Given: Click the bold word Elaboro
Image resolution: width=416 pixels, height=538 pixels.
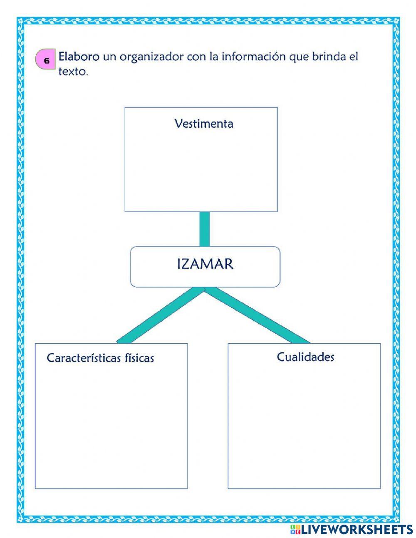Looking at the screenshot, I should click(79, 56).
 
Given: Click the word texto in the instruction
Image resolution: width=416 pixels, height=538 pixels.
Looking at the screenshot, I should click(73, 72).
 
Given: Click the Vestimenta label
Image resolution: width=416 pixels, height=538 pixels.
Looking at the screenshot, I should click(204, 124).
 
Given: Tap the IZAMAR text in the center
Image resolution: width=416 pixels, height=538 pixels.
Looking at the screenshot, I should click(205, 264).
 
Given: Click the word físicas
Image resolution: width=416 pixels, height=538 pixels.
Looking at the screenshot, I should click(139, 358).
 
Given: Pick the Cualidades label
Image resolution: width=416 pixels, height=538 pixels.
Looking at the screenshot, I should click(305, 357).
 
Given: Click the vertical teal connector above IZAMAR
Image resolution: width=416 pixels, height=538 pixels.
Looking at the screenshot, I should click(204, 229).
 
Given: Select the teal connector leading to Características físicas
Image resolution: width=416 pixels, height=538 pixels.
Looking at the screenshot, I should click(160, 315).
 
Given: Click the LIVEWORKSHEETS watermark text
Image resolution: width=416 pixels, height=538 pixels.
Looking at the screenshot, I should click(357, 529).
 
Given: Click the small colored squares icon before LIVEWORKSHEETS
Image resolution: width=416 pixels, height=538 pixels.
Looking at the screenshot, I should click(295, 529).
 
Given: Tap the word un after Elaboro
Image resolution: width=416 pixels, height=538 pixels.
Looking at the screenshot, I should click(109, 56).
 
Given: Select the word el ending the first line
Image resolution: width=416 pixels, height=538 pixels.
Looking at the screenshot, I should click(354, 56).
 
